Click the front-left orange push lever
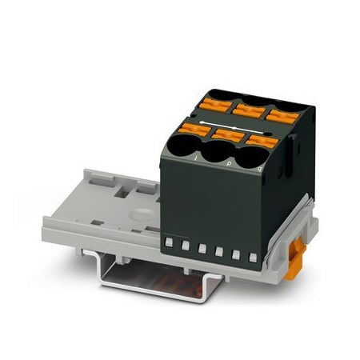[194, 128]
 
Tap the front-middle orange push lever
[225, 133]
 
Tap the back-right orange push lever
[276, 114]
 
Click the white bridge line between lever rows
[240, 126]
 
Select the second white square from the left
[184, 244]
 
